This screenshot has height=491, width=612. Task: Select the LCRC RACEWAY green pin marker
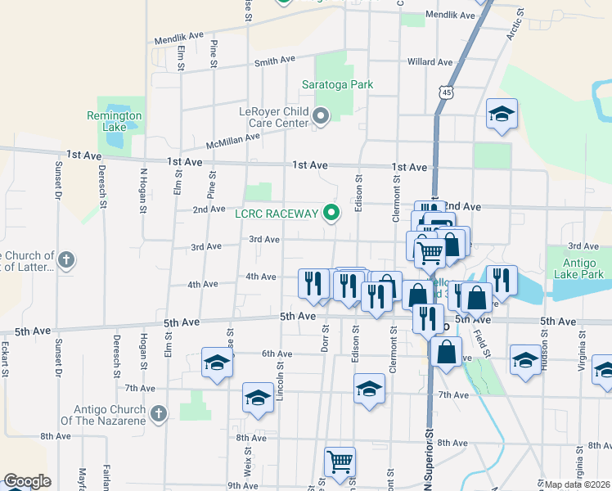(331, 214)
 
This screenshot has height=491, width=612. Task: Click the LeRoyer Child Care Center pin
(321, 116)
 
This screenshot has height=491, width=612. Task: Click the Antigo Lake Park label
(583, 268)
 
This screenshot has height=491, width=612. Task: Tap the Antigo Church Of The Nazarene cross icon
(159, 414)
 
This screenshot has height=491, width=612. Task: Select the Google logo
(27, 481)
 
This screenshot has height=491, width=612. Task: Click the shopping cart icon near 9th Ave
(340, 461)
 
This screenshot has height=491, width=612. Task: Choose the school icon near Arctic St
(502, 114)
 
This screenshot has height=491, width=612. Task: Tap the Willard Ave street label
(430, 62)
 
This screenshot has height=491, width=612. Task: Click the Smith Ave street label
(274, 61)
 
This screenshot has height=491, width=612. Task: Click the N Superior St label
(427, 466)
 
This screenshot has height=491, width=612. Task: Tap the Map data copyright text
(578, 484)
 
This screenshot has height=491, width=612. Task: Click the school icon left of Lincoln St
(258, 398)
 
